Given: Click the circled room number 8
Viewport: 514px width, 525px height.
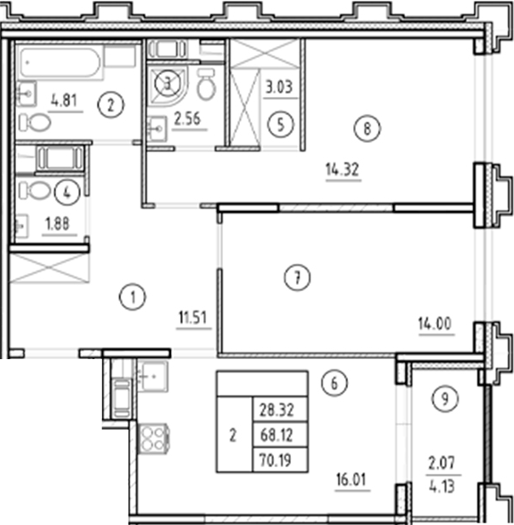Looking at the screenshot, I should [x=367, y=129].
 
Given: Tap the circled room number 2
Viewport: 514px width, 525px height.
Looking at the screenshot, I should [x=111, y=106].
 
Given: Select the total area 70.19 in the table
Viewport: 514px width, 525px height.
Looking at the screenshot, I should [x=280, y=461].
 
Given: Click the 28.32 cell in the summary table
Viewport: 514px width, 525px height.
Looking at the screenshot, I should [x=280, y=409].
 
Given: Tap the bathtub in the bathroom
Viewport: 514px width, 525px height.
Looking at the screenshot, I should [x=67, y=63].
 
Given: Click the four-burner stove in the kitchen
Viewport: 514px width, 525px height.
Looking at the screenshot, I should [x=151, y=439].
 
